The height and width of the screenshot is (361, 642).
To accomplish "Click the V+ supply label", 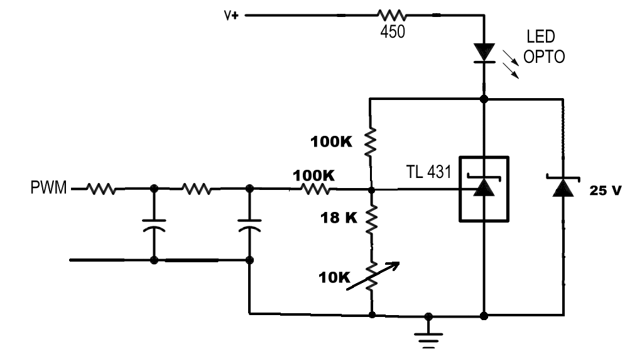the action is [x=231, y=16].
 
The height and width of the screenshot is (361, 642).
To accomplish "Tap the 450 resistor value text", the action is [x=393, y=31].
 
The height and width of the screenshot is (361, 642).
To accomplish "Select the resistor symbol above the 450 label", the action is [x=392, y=16].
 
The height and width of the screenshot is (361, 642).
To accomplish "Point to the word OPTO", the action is [x=544, y=57].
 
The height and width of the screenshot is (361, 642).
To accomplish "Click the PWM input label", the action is [x=48, y=187].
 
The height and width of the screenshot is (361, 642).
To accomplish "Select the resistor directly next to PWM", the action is [x=101, y=189].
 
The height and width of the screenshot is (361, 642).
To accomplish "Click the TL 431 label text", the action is [x=428, y=172].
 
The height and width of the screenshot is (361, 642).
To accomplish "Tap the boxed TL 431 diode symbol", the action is [x=484, y=189].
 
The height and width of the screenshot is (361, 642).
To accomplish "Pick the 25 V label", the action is [x=606, y=191].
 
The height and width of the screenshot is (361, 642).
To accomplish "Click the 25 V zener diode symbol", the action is [x=563, y=187].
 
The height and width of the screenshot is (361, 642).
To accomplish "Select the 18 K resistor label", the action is [x=339, y=218].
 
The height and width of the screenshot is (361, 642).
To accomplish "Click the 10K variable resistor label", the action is [x=335, y=278].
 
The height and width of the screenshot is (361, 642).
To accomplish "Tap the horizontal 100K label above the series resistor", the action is [x=313, y=176].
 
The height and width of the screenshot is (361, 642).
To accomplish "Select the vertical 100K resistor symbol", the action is [x=370, y=142].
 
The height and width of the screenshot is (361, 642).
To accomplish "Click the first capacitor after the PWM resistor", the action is [x=154, y=226].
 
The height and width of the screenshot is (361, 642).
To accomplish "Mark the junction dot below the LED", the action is [x=484, y=99].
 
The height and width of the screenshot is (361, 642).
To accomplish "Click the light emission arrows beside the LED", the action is [x=511, y=64].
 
